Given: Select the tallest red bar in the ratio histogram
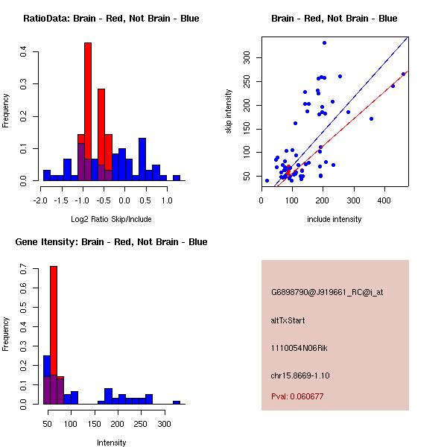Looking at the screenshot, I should tap(88, 112).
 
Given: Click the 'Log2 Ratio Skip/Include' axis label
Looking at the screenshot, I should tap(111, 219).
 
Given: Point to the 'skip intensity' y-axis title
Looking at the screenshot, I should tap(229, 112).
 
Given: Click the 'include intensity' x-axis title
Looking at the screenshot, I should tap(335, 219).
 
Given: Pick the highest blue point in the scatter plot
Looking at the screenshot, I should tap(324, 43).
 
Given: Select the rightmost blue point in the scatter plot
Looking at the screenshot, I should tap(403, 74).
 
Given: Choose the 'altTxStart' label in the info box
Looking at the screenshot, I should tap(288, 320).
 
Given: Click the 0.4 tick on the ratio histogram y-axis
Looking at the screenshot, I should tap(25, 51).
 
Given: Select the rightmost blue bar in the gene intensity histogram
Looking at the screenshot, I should tap(177, 402).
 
